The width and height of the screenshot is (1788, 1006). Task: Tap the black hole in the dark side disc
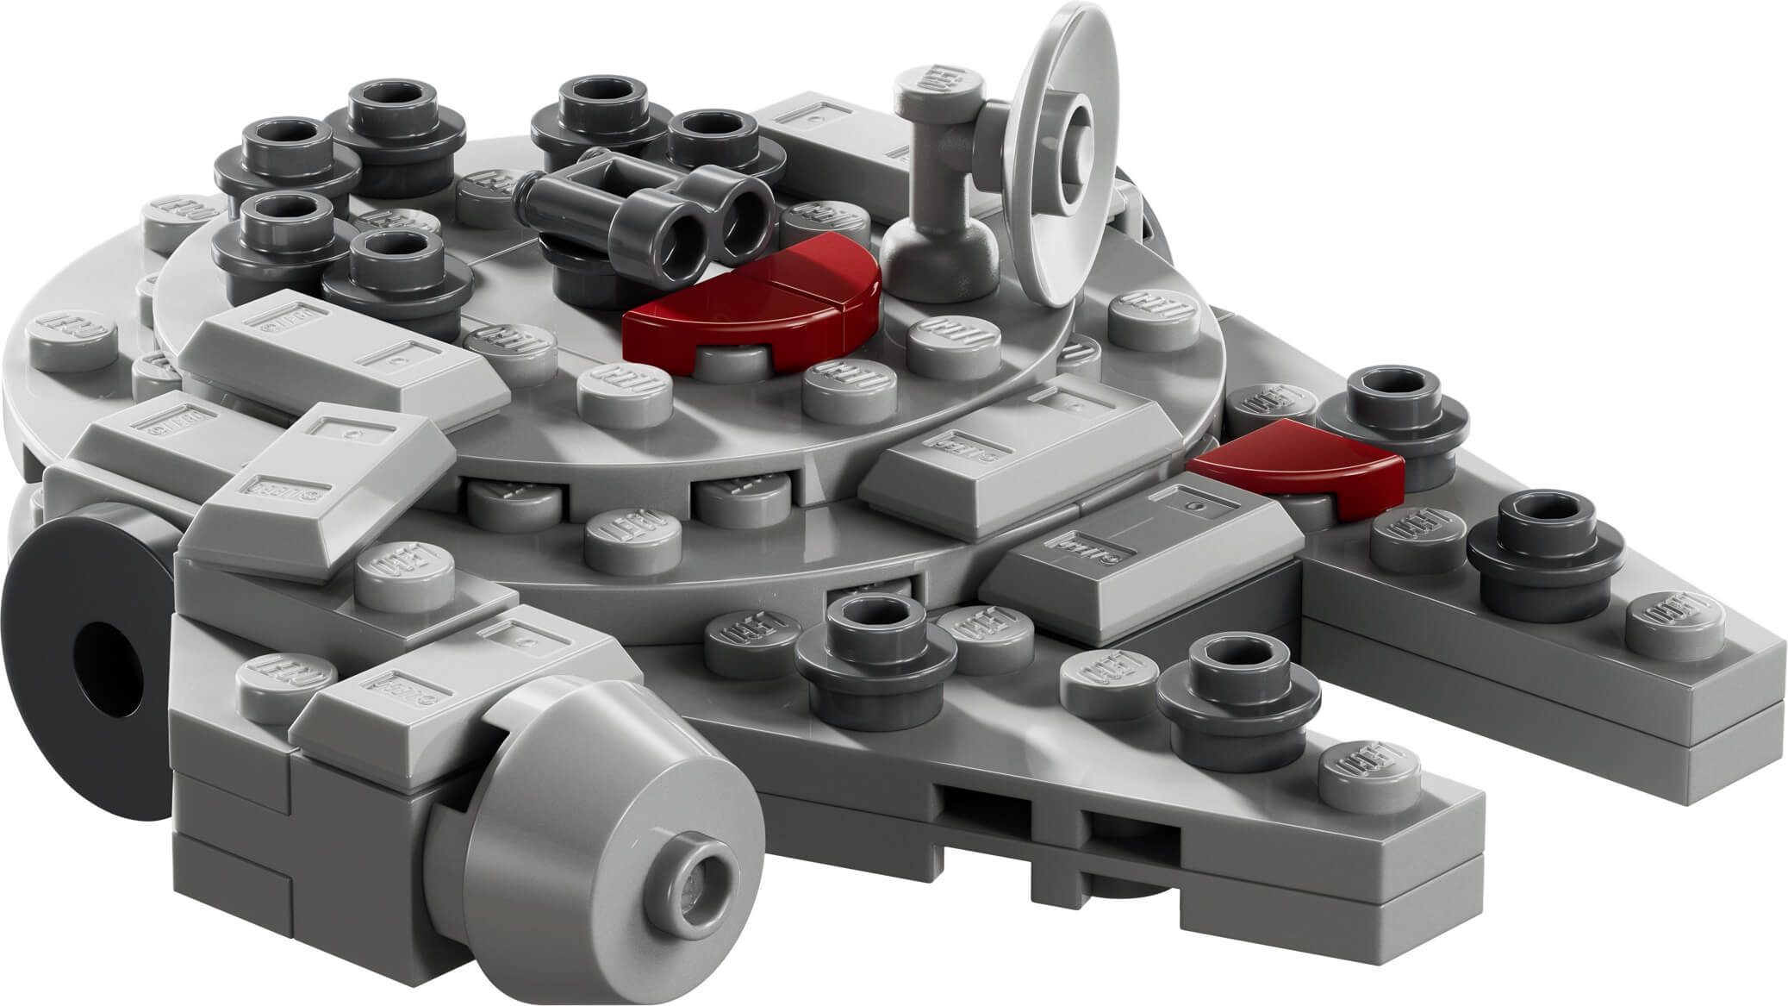coord(108,664)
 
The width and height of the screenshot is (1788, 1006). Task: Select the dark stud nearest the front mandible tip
coord(1237,690)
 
